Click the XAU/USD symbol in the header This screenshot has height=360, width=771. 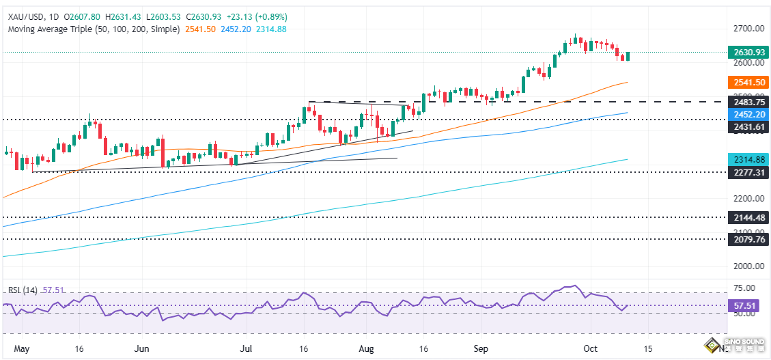click(24, 16)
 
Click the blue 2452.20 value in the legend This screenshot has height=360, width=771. click(237, 29)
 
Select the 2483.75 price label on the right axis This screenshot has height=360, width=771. click(747, 102)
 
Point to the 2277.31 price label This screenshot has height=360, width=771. click(747, 172)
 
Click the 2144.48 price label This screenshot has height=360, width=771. click(747, 217)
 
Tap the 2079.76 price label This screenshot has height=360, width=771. click(747, 239)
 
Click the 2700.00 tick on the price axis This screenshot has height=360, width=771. click(747, 29)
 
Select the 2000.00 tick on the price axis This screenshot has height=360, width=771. click(747, 266)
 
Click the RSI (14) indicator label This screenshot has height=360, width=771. click(22, 290)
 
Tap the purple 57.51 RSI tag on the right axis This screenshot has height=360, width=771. click(746, 305)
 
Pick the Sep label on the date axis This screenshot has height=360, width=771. click(482, 348)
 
